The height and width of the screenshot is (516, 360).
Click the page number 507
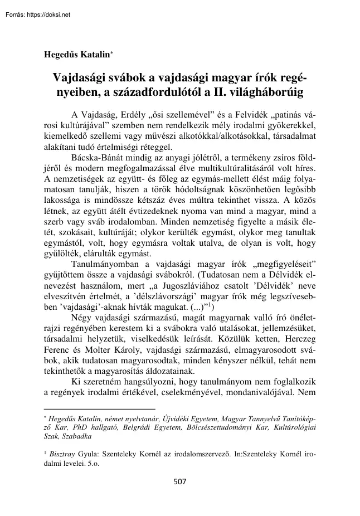[x=180, y=482]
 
